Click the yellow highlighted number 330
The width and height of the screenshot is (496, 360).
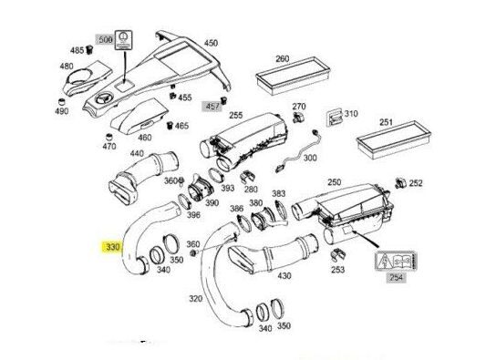click(x=112, y=247)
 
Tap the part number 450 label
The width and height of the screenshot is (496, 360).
click(x=211, y=43)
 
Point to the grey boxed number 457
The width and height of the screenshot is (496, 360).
click(x=212, y=106)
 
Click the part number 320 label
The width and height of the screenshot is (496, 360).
click(x=196, y=298)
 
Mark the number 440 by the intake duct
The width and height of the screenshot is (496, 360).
click(x=139, y=154)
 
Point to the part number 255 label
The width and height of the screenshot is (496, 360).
click(x=235, y=116)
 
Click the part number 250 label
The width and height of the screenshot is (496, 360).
click(x=334, y=182)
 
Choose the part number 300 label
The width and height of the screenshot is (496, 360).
click(x=311, y=158)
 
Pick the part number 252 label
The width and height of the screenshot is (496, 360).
click(x=416, y=183)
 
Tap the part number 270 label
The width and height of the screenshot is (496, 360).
click(x=299, y=108)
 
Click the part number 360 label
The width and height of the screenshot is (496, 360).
click(x=192, y=244)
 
